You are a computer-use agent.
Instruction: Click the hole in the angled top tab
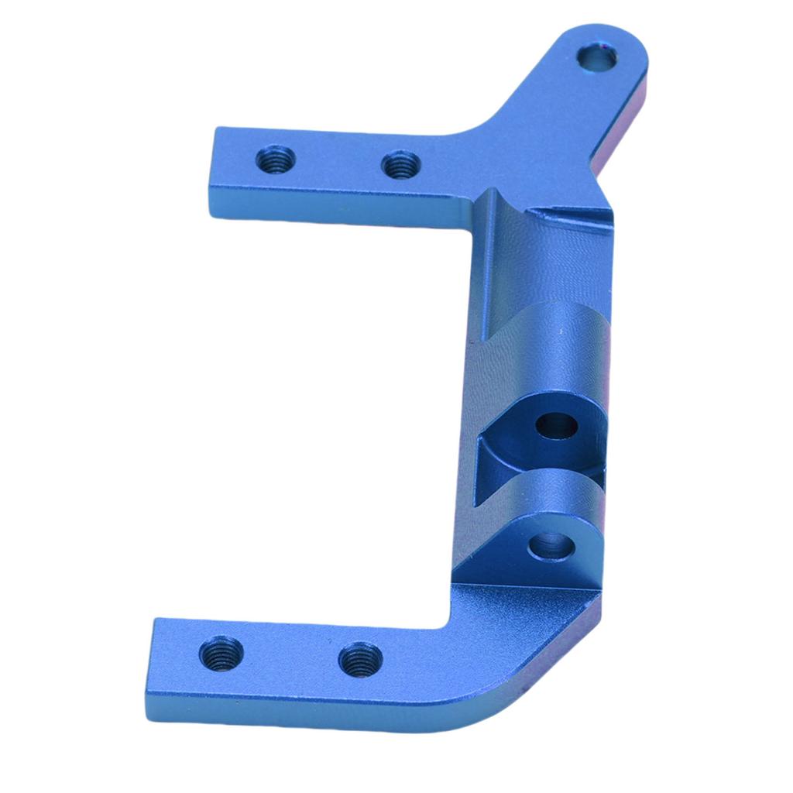click(598, 57)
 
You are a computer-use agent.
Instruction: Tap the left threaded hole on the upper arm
click(275, 161)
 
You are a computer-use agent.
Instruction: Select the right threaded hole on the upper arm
click(401, 164)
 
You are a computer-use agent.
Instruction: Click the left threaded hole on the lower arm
click(221, 653)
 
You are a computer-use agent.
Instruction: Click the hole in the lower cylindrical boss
click(551, 545)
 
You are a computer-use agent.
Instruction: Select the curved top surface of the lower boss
click(542, 496)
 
